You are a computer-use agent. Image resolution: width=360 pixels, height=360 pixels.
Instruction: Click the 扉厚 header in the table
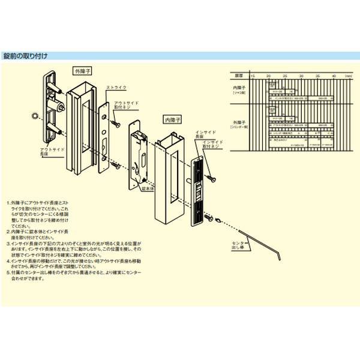[x=239, y=76]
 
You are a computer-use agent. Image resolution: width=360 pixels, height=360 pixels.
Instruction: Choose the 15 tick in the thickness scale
[x=253, y=76]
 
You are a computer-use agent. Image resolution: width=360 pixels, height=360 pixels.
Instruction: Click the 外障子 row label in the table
[x=240, y=125]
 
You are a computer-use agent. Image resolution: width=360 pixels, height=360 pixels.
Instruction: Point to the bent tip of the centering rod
[x=280, y=256]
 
